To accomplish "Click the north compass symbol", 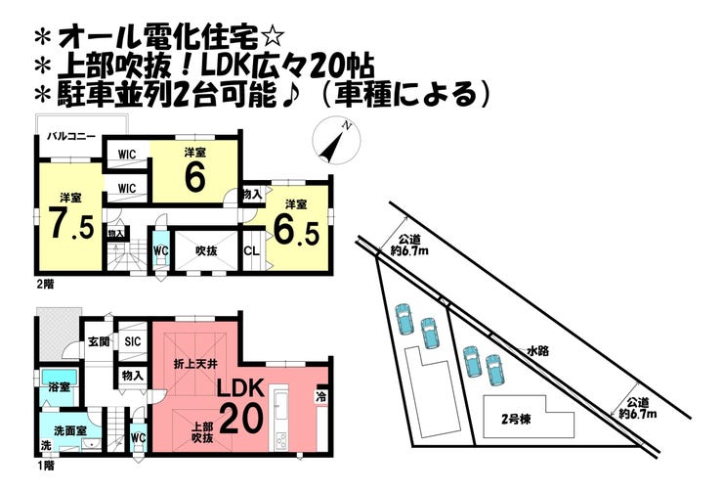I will [x=336, y=142].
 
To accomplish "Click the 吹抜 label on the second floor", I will [x=204, y=249].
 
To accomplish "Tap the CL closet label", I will [x=251, y=250].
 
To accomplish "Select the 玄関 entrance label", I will [x=100, y=341].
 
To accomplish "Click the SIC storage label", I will [x=133, y=341].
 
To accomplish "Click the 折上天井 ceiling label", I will [x=192, y=365].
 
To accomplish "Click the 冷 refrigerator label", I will [x=320, y=397].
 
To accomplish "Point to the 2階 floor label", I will [x=44, y=284].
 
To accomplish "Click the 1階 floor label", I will [x=44, y=465].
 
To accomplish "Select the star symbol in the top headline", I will [x=273, y=38].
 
